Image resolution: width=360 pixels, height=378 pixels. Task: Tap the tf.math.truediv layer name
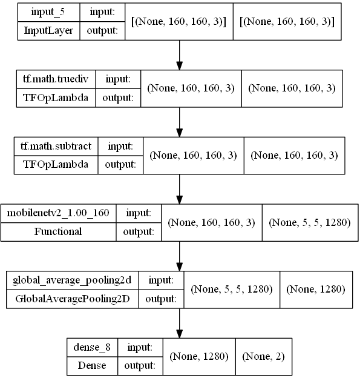[56, 79]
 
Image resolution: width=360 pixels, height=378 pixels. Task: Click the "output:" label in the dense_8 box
[140, 365]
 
